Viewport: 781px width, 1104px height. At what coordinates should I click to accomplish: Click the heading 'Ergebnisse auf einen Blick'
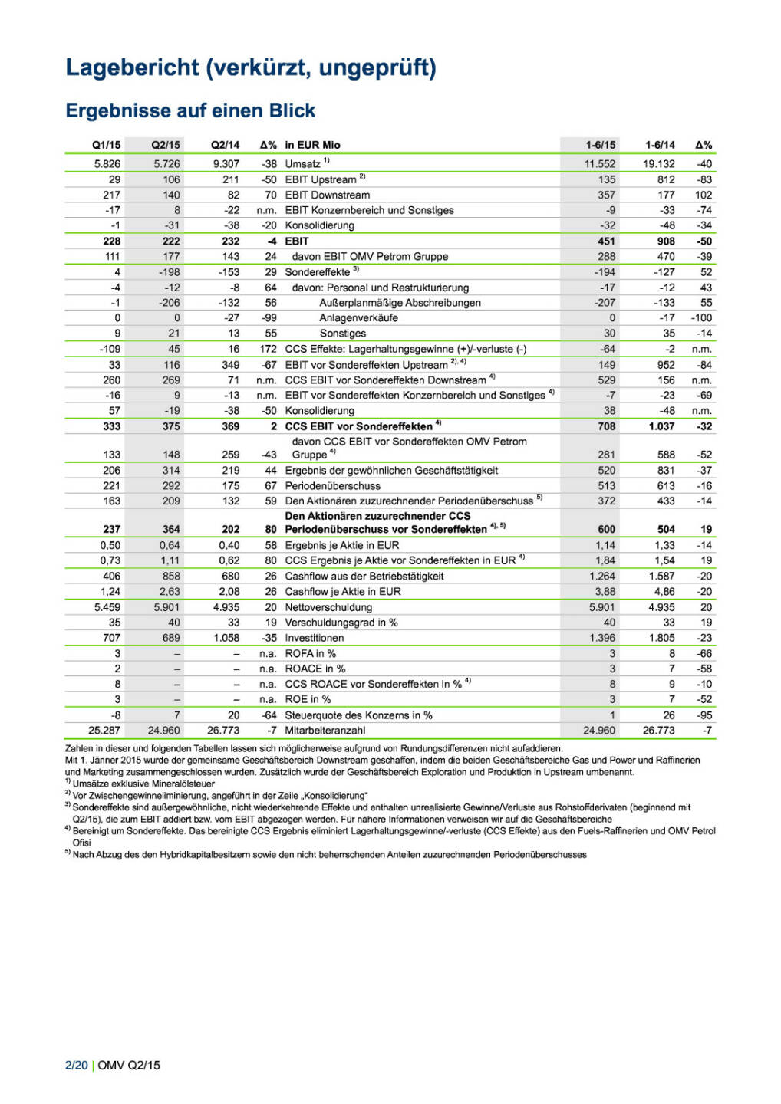pos(190,110)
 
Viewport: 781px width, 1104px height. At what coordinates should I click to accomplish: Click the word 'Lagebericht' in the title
pos(132,67)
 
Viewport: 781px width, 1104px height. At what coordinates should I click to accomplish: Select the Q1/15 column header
pos(106,145)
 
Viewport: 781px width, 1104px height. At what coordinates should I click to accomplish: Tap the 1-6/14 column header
pos(660,145)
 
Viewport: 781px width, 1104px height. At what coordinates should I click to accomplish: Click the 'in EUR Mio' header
pos(312,145)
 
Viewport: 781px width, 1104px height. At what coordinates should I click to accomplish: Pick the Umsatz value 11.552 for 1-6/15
pos(600,164)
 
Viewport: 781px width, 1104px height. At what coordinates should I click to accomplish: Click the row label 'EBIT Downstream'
pos(327,195)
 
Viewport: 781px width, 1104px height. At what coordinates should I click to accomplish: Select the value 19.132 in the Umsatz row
pos(659,164)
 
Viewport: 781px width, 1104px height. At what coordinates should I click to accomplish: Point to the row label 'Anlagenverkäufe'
pos(358,318)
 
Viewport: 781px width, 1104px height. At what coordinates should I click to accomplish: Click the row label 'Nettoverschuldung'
pos(328,607)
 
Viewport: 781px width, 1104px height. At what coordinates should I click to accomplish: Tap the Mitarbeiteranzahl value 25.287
pos(104,731)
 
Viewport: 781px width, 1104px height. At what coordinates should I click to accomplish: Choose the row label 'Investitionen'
pos(314,638)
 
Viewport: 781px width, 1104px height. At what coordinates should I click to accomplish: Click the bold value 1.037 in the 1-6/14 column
pos(661,426)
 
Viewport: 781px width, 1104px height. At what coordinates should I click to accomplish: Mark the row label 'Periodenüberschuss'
pos(332,486)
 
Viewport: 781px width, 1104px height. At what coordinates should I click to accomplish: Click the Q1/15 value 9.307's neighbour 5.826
pos(107,164)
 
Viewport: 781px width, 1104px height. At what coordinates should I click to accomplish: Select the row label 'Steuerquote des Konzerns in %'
pos(358,715)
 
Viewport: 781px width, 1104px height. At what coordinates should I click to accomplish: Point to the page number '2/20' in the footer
pos(76,1066)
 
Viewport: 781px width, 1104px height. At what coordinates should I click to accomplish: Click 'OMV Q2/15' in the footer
pos(129,1066)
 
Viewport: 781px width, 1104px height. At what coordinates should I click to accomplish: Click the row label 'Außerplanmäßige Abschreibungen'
pos(400,303)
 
